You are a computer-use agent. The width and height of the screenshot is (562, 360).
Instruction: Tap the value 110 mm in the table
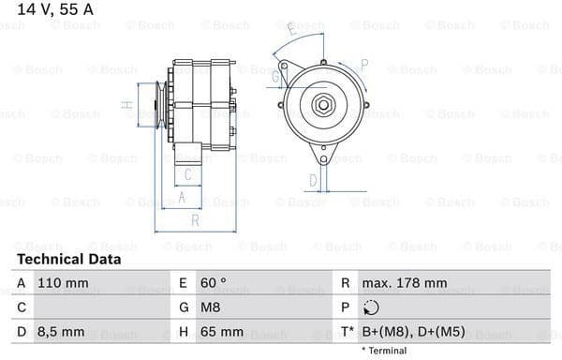pyautogui.click(x=64, y=282)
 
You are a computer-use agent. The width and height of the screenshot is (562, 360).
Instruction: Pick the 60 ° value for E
pyautogui.click(x=213, y=282)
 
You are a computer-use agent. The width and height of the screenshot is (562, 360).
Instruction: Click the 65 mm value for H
pyautogui.click(x=221, y=332)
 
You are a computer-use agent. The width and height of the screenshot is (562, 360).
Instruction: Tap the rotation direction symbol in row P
pyautogui.click(x=373, y=307)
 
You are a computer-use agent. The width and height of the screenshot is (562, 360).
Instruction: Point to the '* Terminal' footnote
pyautogui.click(x=384, y=351)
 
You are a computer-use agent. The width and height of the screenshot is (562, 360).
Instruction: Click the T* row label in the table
pyautogui.click(x=347, y=332)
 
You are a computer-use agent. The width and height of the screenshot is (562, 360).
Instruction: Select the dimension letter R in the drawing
pyautogui.click(x=195, y=220)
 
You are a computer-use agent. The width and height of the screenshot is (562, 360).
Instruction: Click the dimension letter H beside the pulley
pyautogui.click(x=126, y=105)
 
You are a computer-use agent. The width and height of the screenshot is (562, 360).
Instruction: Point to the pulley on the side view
pyautogui.click(x=150, y=104)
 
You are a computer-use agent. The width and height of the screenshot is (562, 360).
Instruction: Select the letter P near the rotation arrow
pyautogui.click(x=364, y=65)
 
